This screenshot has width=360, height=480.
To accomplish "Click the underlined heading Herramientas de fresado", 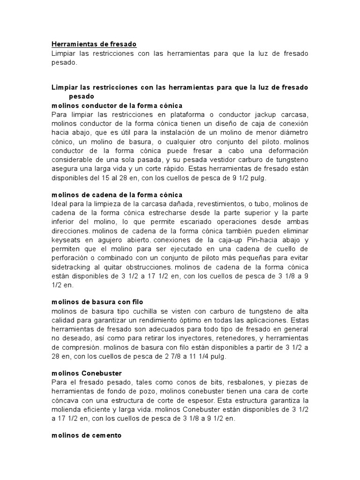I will [94, 44].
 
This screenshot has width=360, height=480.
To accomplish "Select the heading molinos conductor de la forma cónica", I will [117, 105].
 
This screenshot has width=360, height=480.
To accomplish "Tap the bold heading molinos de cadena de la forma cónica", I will [117, 194].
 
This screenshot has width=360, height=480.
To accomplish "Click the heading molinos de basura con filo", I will [97, 302].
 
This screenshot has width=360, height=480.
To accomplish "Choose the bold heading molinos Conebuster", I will [87, 373].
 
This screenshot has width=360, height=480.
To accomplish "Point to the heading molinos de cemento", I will [86, 435].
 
